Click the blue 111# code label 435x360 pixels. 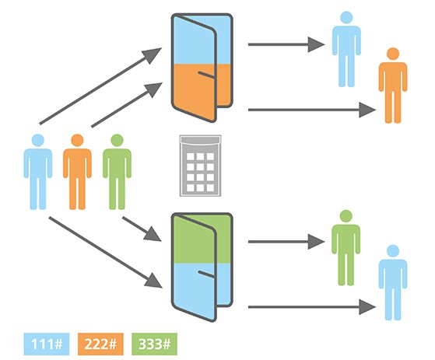(x=47, y=344)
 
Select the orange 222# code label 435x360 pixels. (x=100, y=344)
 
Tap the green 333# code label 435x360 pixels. (x=154, y=344)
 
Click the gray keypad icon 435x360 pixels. (x=200, y=166)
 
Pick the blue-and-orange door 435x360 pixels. (x=202, y=68)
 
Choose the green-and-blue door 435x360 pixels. (x=202, y=267)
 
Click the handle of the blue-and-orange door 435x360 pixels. (x=206, y=75)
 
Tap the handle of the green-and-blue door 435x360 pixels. (x=206, y=274)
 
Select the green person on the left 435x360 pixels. (x=117, y=172)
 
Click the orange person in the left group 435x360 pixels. (x=77, y=172)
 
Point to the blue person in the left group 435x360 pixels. (x=37, y=172)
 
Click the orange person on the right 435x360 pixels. (x=393, y=86)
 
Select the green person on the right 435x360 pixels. (x=346, y=248)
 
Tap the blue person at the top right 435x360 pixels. (x=346, y=49)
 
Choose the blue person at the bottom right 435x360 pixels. (x=393, y=282)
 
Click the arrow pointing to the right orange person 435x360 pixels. (x=312, y=110)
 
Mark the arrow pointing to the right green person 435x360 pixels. (x=286, y=242)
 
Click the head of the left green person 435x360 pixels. (x=117, y=140)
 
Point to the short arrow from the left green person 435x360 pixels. (x=142, y=229)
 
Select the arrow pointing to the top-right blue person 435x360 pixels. (x=286, y=44)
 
